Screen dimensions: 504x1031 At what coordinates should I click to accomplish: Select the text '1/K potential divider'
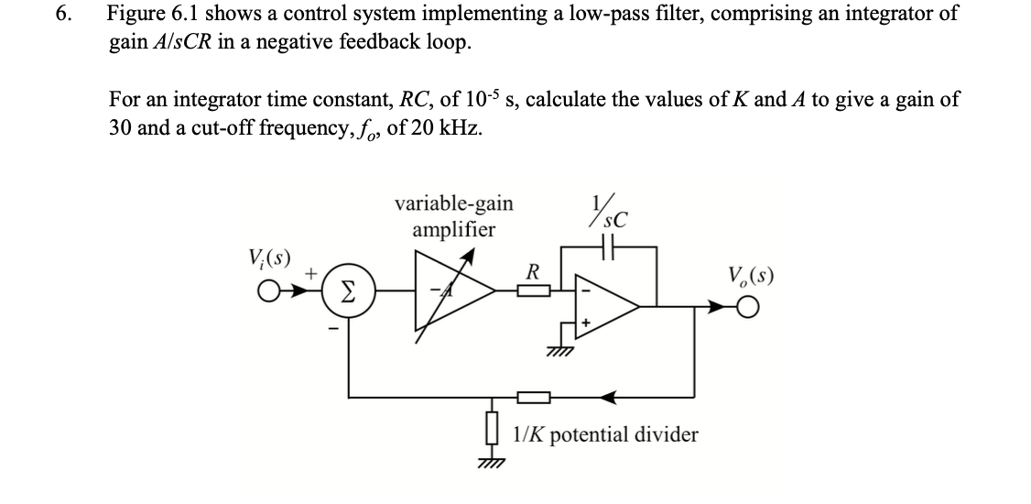coord(606,433)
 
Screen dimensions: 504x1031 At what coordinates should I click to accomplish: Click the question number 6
coord(62,16)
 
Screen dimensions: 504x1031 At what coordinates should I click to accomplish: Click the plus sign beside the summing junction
coord(311,273)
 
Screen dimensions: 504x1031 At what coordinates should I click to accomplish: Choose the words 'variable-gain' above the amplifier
coord(452,203)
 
